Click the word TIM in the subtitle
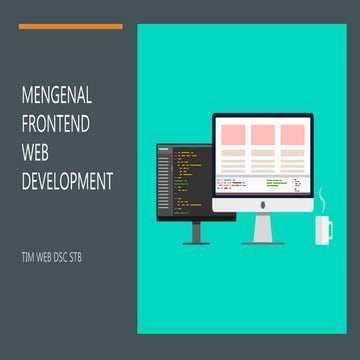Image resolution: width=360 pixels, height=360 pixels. pos(29,241)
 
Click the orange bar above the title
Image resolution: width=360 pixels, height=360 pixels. pos(71,27)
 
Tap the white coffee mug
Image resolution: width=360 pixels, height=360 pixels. pos(324,230)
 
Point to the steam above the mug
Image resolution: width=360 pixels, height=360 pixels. pos(323,199)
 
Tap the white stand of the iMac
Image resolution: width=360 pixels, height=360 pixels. pos(263,229)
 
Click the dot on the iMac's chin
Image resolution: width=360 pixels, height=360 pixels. pos(263,204)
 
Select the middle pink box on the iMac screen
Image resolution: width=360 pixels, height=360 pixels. pos(263,132)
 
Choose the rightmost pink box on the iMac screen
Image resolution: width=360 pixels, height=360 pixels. pos(291,132)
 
